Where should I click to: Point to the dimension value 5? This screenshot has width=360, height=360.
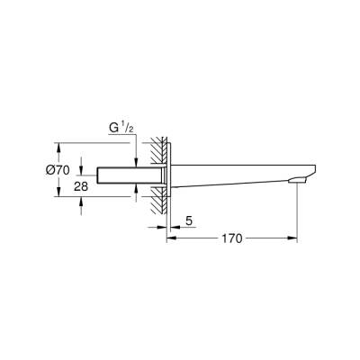[188, 220]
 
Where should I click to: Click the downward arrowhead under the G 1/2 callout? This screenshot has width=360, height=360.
[135, 159]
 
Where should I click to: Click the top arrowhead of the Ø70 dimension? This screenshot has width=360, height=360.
[59, 145]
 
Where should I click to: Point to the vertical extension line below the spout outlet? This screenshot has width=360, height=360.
[298, 216]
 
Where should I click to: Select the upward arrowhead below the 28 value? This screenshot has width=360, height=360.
[82, 204]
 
